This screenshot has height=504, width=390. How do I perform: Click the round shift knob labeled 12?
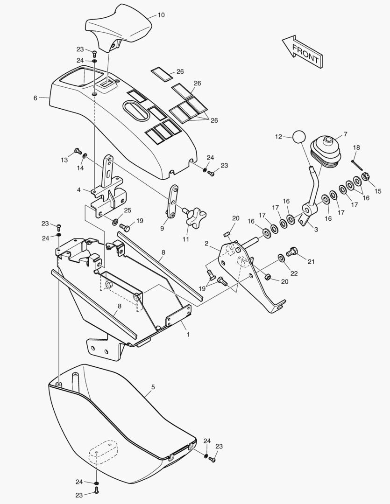point(299,137)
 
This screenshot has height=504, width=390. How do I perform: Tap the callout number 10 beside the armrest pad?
point(161,15)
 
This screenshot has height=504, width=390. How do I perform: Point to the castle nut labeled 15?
point(365,176)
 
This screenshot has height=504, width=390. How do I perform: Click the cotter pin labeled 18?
point(357,165)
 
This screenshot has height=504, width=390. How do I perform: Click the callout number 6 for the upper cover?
point(35,98)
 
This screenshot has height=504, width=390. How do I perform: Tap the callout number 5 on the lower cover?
point(153,387)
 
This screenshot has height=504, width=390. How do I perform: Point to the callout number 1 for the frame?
point(188,335)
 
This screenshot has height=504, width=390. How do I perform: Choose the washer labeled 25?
point(115,222)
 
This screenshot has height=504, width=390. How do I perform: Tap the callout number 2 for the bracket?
point(206,243)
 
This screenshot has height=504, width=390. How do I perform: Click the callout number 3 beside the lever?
point(316,230)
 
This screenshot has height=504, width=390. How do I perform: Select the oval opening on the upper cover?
point(135,112)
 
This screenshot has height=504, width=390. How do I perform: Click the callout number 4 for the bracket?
point(79,190)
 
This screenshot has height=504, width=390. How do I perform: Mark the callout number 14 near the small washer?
point(80,168)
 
